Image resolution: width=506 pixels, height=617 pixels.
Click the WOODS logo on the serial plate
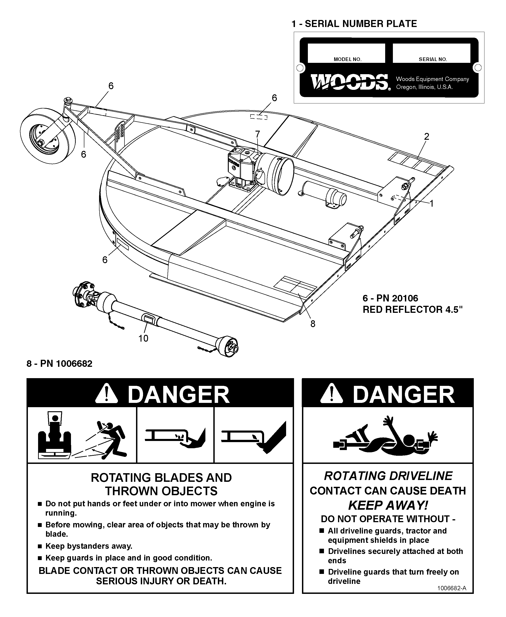pos(349,82)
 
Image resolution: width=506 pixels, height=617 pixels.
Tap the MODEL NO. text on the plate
pos(348,59)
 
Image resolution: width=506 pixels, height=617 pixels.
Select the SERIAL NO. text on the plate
pos(433,59)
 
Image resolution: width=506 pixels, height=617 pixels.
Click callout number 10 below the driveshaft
pos(143,338)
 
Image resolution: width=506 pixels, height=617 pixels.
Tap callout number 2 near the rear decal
pos(426,137)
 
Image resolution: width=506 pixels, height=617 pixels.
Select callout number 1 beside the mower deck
pos(431,203)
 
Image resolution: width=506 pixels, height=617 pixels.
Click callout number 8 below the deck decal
pos(313,324)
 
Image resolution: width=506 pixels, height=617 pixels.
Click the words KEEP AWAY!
pos(388,505)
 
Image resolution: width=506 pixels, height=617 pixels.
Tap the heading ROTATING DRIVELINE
pos(388,476)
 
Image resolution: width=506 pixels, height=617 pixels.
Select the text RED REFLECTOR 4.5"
pos(412,309)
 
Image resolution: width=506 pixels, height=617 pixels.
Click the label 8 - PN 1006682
pos(59,364)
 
